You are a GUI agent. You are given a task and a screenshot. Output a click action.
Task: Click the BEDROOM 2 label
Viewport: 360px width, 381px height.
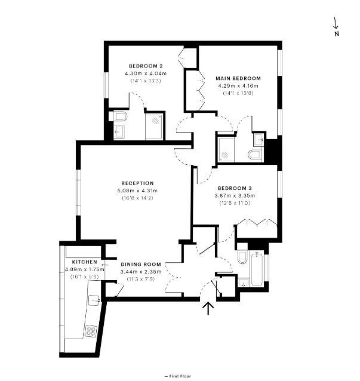(146, 66)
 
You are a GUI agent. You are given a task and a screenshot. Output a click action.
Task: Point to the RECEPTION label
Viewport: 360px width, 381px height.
(137, 183)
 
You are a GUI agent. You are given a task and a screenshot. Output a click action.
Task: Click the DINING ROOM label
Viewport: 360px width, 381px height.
(141, 264)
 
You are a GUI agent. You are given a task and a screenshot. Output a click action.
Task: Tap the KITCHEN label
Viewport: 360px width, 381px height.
(84, 262)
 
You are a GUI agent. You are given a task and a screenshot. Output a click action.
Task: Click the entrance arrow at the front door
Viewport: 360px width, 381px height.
(208, 309)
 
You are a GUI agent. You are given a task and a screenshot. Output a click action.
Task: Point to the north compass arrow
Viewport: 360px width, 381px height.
(336, 24)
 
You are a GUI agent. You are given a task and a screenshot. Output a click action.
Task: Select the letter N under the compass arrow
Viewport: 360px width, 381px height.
(337, 34)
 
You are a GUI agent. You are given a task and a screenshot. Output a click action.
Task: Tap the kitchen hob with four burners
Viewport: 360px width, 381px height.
(91, 330)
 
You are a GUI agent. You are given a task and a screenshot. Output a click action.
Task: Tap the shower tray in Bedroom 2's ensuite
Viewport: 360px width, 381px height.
(154, 126)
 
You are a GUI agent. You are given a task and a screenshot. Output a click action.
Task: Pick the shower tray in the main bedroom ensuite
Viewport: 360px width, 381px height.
(226, 149)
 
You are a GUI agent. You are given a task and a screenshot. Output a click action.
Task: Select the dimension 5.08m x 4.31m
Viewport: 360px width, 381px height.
(137, 190)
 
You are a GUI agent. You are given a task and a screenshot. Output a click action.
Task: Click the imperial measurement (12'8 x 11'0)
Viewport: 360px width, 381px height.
(235, 203)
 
